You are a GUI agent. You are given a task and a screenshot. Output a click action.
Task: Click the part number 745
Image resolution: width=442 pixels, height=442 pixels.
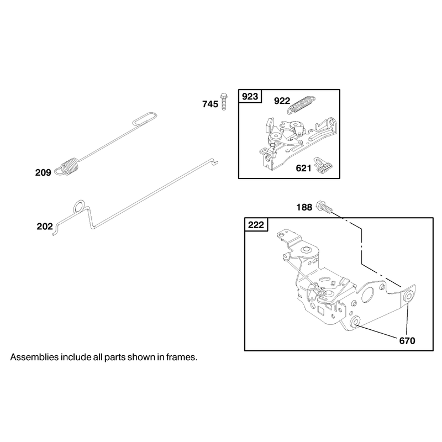click(211, 104)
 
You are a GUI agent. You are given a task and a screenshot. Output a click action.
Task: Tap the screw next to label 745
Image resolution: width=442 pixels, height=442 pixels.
click(224, 101)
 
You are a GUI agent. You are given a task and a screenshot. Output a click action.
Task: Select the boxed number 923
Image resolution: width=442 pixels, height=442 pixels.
click(250, 97)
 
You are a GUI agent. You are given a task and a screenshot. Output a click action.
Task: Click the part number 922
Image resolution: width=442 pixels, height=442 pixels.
click(282, 101)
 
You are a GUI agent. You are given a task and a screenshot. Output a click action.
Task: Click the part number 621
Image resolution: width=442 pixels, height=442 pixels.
click(303, 169)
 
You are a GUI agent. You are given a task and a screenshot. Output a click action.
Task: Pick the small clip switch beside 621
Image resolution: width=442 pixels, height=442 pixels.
click(324, 165)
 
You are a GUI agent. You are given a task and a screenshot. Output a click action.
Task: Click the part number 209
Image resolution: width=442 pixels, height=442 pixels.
click(43, 172)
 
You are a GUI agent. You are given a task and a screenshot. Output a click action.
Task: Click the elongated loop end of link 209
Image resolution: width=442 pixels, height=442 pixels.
click(145, 119)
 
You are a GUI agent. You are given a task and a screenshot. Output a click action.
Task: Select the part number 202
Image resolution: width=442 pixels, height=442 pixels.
click(45, 227)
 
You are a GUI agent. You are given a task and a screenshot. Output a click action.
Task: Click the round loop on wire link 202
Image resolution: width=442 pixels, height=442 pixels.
click(79, 207)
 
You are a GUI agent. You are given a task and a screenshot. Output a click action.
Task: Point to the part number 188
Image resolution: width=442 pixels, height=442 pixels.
click(304, 208)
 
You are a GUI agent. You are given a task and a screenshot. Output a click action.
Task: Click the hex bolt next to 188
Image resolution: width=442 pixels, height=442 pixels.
click(324, 208)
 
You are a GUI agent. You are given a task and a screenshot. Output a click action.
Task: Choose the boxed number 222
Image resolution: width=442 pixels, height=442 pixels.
click(256, 225)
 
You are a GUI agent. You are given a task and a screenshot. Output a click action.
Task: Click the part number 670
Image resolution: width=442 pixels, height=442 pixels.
click(407, 341)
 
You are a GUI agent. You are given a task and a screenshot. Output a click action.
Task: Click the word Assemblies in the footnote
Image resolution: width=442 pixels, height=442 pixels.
click(35, 357)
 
